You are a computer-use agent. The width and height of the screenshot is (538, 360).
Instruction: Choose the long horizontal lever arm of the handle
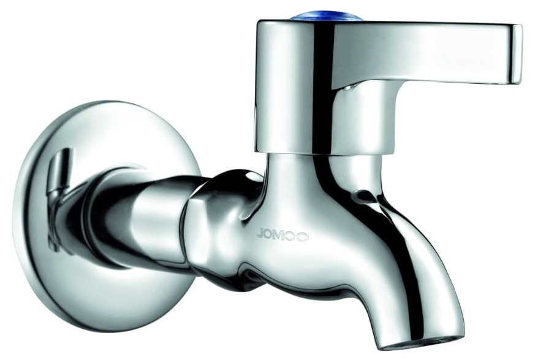pos(429,52)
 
